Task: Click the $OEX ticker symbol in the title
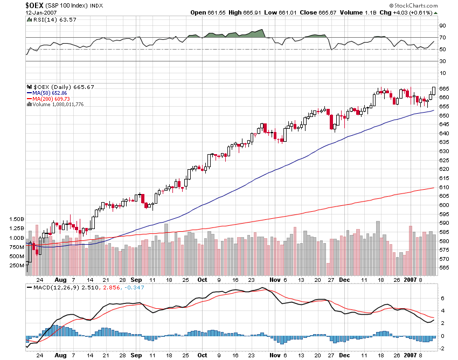coord(35,5)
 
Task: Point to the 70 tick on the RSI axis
coord(442,38)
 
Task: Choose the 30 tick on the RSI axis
coord(442,61)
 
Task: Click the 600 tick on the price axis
coord(444,205)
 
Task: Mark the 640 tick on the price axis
coord(444,133)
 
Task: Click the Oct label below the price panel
coord(203,280)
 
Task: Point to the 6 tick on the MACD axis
coord(441,298)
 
